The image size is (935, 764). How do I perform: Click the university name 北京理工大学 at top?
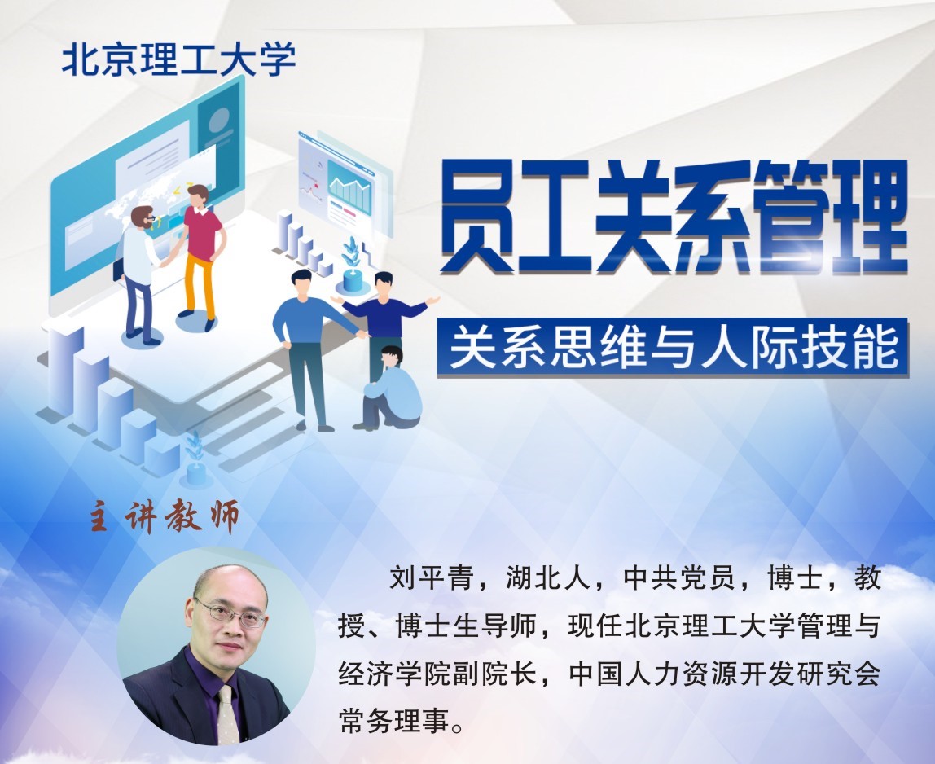[x=179, y=59]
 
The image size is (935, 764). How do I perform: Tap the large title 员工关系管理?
[x=674, y=217]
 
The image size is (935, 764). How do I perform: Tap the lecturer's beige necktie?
[x=227, y=714]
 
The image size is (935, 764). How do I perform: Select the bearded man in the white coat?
[x=139, y=274]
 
